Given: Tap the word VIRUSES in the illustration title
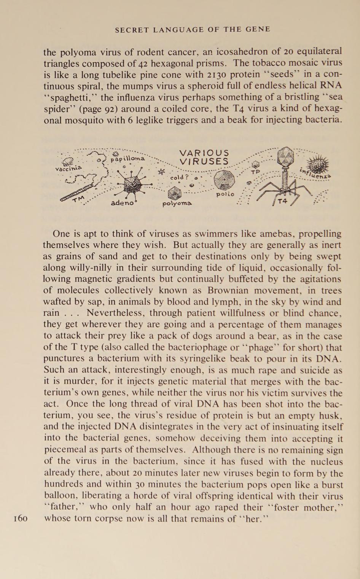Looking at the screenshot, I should (204, 162).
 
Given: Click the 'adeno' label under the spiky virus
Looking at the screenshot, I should (123, 203).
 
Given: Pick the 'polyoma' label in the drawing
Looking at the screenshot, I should (177, 204).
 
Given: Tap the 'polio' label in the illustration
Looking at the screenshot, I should (225, 194).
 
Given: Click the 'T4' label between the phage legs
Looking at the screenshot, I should (282, 201).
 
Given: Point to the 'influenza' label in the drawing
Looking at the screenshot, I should (315, 173).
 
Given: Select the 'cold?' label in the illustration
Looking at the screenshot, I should (179, 177).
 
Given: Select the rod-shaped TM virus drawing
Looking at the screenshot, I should (78, 193).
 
